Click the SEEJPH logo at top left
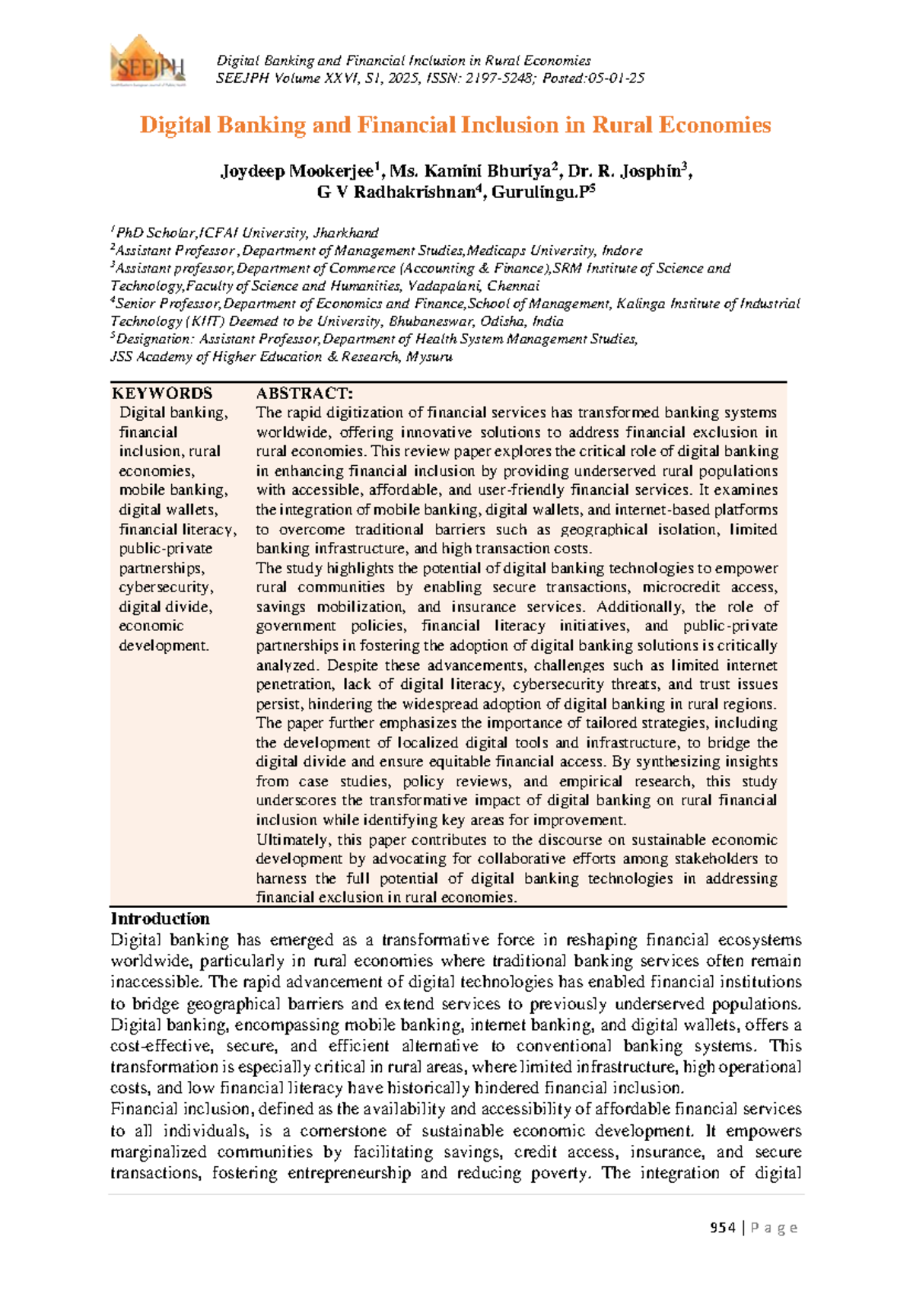click(148, 60)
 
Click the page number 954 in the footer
click(722, 1227)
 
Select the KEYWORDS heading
click(162, 394)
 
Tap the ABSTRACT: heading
click(304, 394)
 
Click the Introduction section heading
click(160, 919)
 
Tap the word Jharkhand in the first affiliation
click(346, 233)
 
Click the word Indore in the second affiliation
click(622, 250)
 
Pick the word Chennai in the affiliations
click(514, 286)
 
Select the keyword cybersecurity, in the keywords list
click(166, 588)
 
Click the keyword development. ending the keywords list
click(164, 645)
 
